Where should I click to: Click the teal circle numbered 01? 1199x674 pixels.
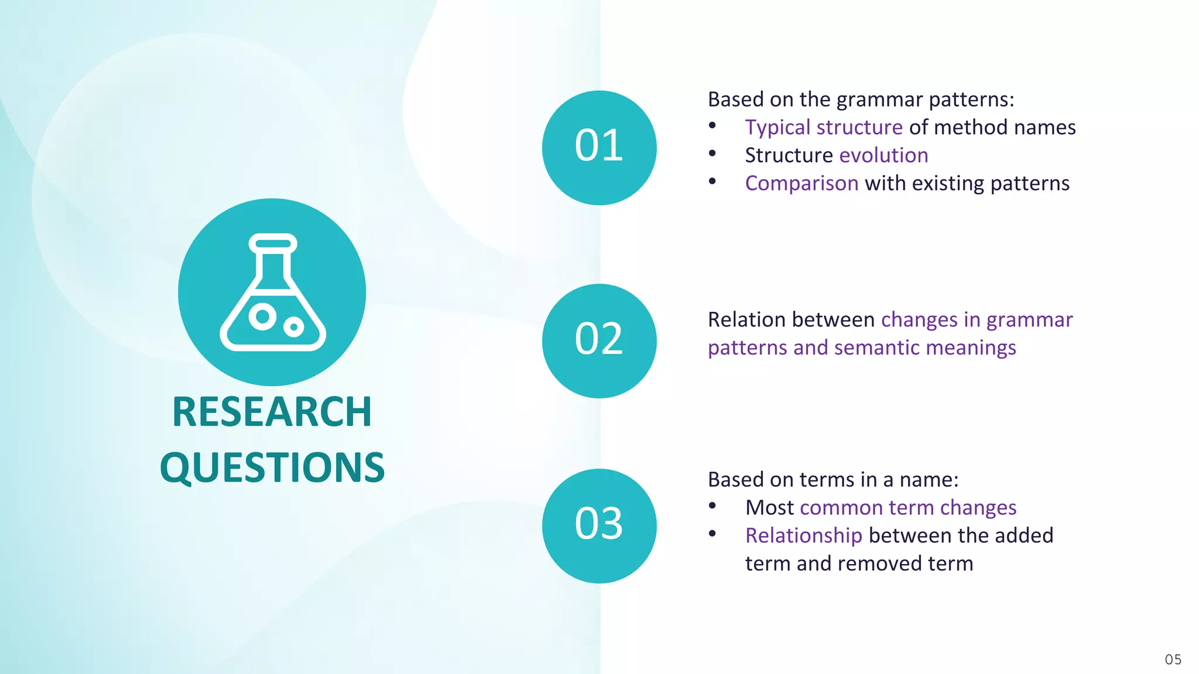tap(599, 147)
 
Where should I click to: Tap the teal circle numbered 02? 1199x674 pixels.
tap(599, 341)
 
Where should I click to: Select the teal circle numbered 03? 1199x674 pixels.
tap(599, 525)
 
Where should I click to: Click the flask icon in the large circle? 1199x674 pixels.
tap(272, 293)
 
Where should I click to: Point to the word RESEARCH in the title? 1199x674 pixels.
tap(272, 412)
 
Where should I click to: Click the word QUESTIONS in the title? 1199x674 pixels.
tap(272, 467)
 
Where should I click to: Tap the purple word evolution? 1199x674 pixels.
tap(883, 156)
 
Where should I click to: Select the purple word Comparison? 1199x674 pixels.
tap(801, 184)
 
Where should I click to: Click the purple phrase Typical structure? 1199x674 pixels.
tap(823, 128)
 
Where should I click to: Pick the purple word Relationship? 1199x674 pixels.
tap(803, 536)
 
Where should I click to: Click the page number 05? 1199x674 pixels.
tap(1173, 659)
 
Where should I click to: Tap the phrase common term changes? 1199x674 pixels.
tap(907, 508)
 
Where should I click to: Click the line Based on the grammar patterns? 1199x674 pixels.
tap(861, 99)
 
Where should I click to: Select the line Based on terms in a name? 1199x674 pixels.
tap(833, 480)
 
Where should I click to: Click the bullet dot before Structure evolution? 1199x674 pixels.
tap(712, 154)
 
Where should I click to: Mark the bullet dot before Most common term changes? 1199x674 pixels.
tap(712, 506)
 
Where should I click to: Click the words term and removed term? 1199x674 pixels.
tap(858, 563)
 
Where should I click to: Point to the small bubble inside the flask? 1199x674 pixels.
tap(294, 326)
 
